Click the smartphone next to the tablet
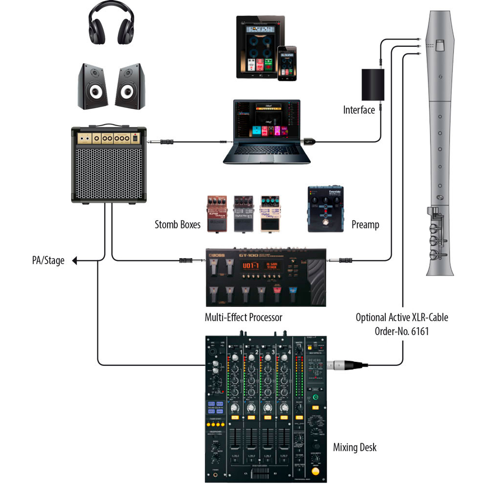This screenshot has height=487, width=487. tap(287, 63)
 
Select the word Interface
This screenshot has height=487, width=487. tap(359, 110)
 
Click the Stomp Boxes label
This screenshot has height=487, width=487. tap(178, 225)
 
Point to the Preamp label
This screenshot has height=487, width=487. tap(365, 225)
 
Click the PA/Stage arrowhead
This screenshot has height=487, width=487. tap(75, 261)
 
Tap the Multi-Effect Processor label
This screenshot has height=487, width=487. tap(243, 318)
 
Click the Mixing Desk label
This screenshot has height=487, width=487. tap(355, 447)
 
